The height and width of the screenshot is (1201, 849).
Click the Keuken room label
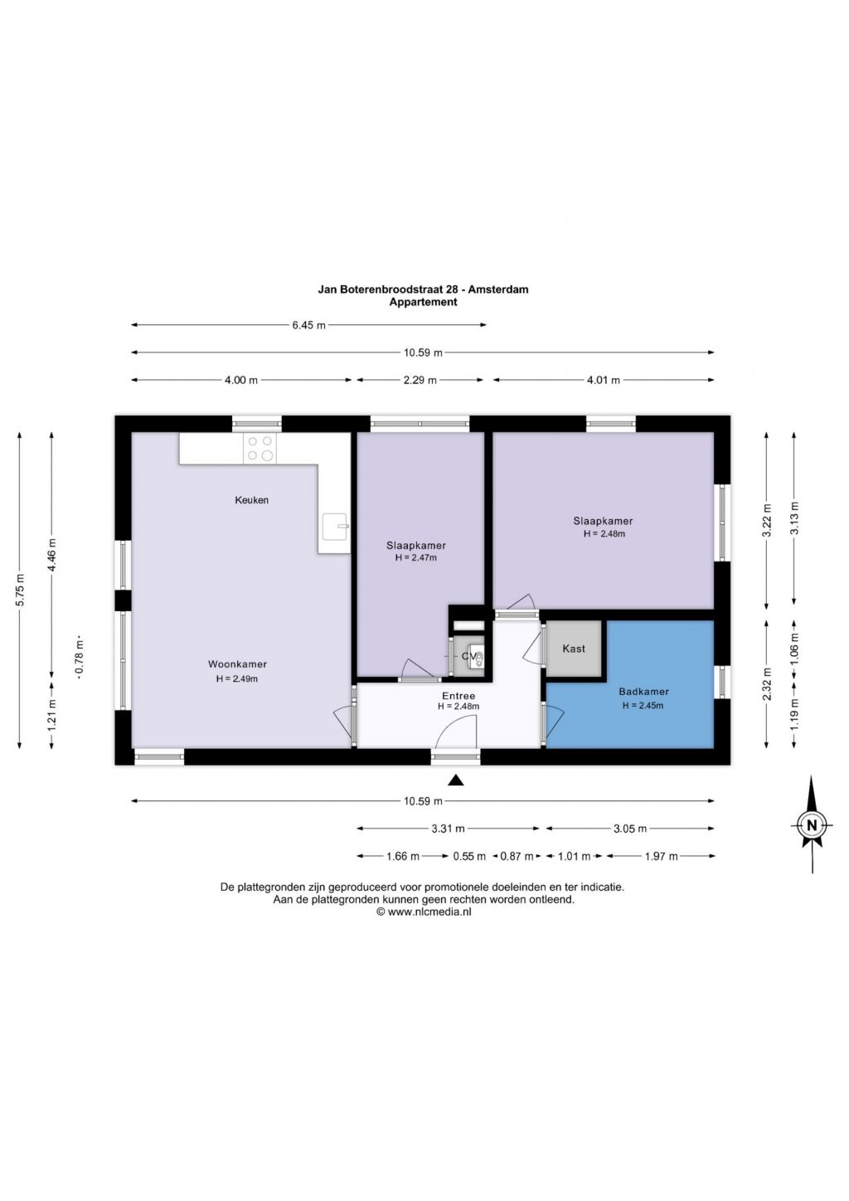[x=251, y=500]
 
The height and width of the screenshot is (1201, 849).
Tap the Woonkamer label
[x=237, y=664]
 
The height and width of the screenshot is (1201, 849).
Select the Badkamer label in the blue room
[x=643, y=692]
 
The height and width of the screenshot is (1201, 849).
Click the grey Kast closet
[x=574, y=649]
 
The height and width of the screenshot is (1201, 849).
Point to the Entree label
[x=458, y=697]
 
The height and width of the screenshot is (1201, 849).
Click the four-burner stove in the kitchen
[x=260, y=449]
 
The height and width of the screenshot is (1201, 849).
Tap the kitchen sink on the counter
[x=335, y=527]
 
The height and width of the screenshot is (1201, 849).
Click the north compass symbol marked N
[x=812, y=824]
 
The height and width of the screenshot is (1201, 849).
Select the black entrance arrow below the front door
[x=455, y=780]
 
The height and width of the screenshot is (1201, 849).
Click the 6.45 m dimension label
[x=308, y=325]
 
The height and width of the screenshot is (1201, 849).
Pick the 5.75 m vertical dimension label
[x=20, y=590]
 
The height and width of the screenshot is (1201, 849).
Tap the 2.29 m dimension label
[x=420, y=380]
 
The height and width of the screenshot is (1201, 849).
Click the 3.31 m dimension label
[x=448, y=829]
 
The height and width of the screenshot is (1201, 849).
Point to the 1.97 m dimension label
[x=662, y=856]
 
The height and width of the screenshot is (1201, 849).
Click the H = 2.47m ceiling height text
[x=416, y=557]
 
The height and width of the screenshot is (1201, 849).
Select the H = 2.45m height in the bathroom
[x=643, y=706]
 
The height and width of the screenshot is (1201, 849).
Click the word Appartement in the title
[x=423, y=302]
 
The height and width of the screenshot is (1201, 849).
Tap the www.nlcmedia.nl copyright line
[x=424, y=912]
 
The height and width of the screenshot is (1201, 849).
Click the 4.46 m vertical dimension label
[x=52, y=555]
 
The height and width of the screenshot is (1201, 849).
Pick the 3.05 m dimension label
[x=630, y=829]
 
